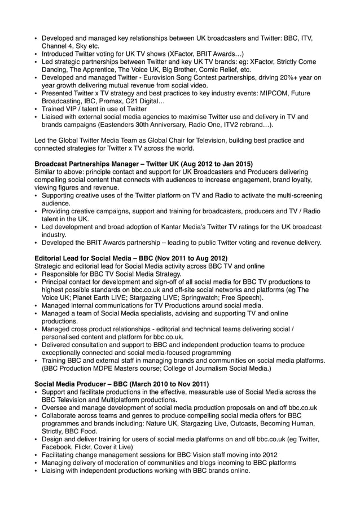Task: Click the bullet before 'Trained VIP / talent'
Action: (37, 109)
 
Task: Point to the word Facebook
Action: (58, 447)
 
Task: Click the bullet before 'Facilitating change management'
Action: (37, 455)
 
